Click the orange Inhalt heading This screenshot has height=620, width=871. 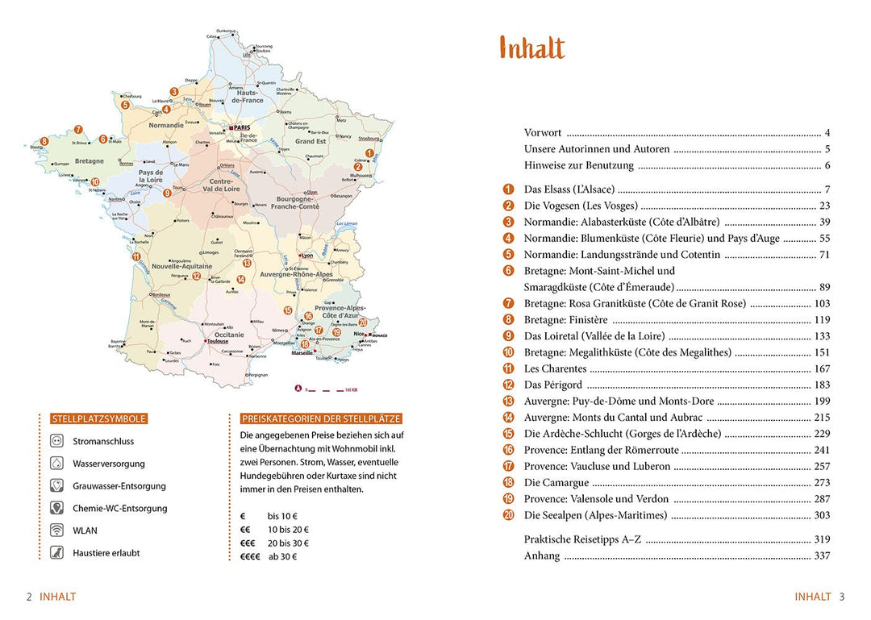531,48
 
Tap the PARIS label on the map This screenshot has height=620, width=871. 243,128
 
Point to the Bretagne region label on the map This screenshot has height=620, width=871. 90,161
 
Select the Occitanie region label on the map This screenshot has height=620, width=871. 229,334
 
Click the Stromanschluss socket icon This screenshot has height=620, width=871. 56,442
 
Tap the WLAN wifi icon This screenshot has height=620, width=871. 56,531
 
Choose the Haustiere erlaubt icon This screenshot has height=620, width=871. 56,553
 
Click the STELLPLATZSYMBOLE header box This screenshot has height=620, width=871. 98,419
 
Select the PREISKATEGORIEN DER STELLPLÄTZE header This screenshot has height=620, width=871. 321,419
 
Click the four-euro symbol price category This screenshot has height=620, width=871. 250,556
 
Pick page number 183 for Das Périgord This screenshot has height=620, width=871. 822,385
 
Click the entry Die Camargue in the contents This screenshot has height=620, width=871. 556,483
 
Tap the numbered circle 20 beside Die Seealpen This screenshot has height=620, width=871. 508,515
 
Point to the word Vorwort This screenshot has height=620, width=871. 543,133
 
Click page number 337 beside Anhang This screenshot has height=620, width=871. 822,556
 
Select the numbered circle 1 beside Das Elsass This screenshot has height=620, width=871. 508,189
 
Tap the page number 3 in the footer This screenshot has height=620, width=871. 841,597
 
